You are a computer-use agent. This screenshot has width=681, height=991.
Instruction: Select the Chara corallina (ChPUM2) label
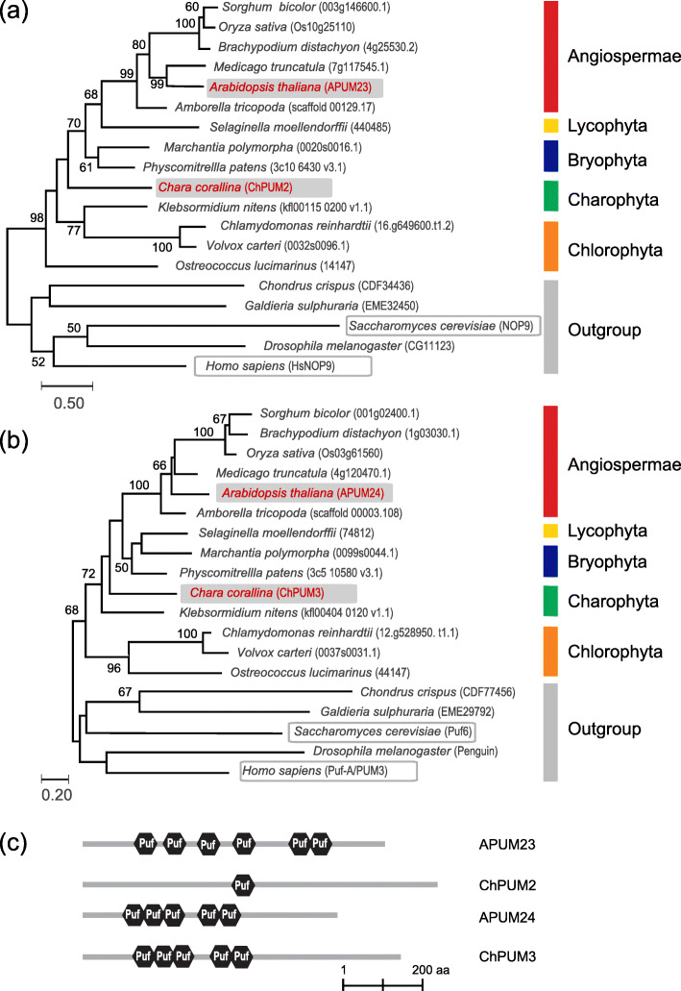244,186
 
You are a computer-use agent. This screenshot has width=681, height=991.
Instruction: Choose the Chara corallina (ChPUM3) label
268,592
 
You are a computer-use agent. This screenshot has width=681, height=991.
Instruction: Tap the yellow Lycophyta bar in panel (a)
550,126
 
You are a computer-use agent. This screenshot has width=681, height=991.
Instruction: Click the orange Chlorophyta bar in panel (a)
550,246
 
